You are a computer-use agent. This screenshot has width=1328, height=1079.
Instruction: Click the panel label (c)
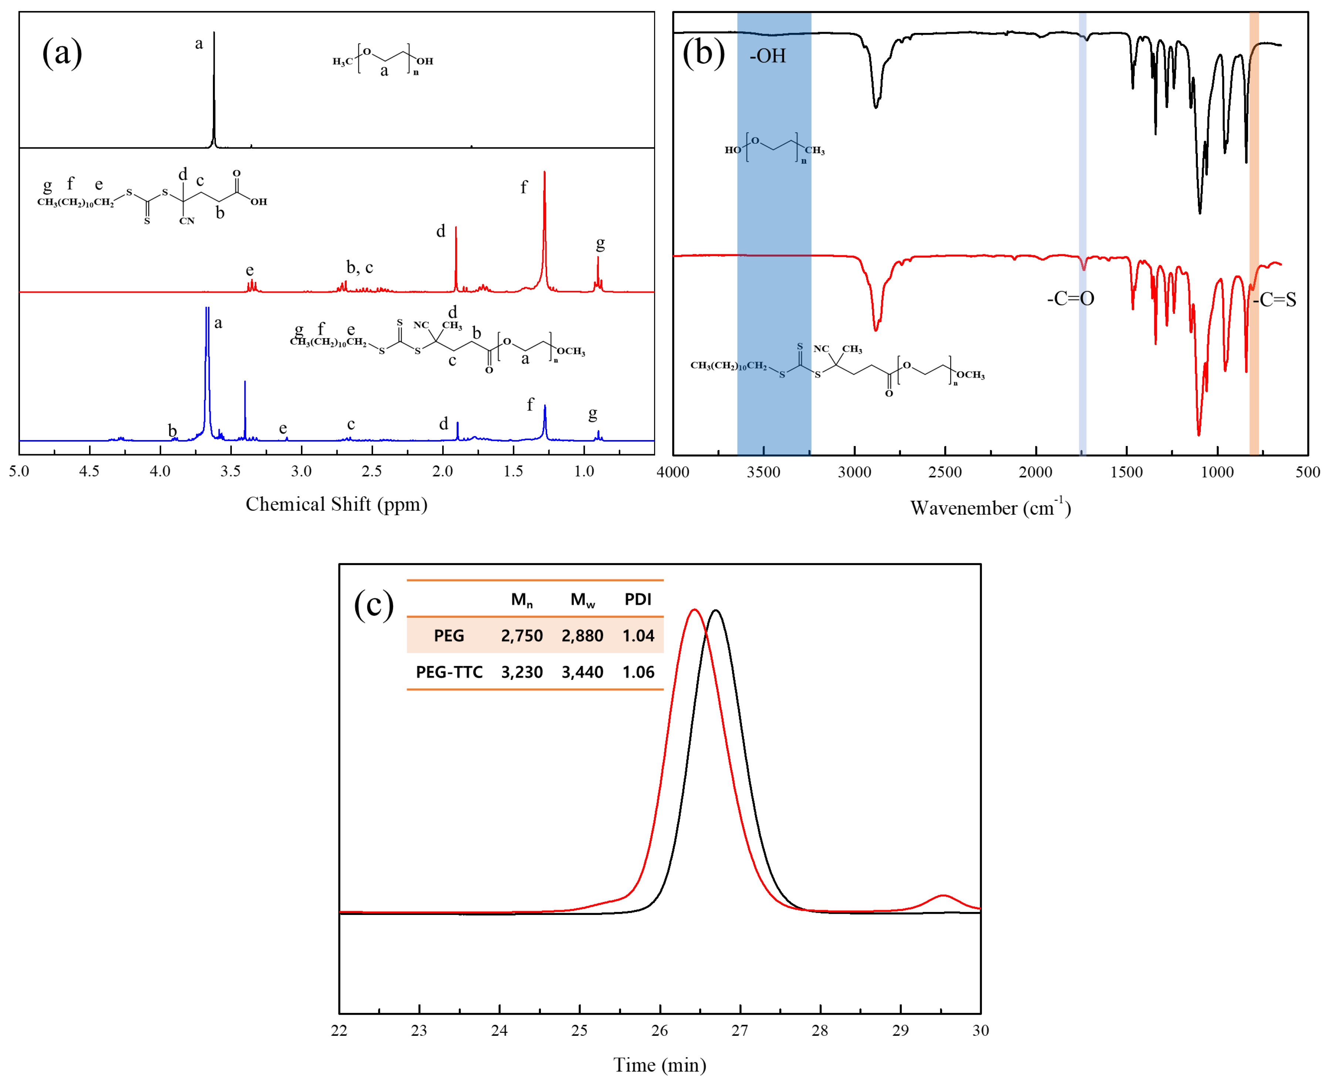coord(374,603)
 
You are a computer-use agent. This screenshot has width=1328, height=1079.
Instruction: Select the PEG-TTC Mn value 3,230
coord(522,672)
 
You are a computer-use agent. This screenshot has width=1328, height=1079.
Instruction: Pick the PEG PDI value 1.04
coord(638,636)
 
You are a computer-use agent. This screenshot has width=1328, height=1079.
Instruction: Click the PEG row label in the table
coord(449,636)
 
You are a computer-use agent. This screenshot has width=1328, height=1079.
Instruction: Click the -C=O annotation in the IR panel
coord(1071,299)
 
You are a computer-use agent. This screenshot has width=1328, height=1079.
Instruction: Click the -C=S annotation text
coord(1274,300)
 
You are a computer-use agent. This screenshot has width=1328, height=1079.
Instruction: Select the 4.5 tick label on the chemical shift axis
coord(89,471)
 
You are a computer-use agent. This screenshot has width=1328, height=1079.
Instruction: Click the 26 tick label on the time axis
coord(660,1031)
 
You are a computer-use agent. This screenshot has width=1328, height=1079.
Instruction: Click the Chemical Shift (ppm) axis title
coord(336,504)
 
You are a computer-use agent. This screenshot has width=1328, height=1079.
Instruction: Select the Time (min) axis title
coord(660,1065)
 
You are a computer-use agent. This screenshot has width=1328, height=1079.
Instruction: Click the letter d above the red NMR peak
coord(441,231)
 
